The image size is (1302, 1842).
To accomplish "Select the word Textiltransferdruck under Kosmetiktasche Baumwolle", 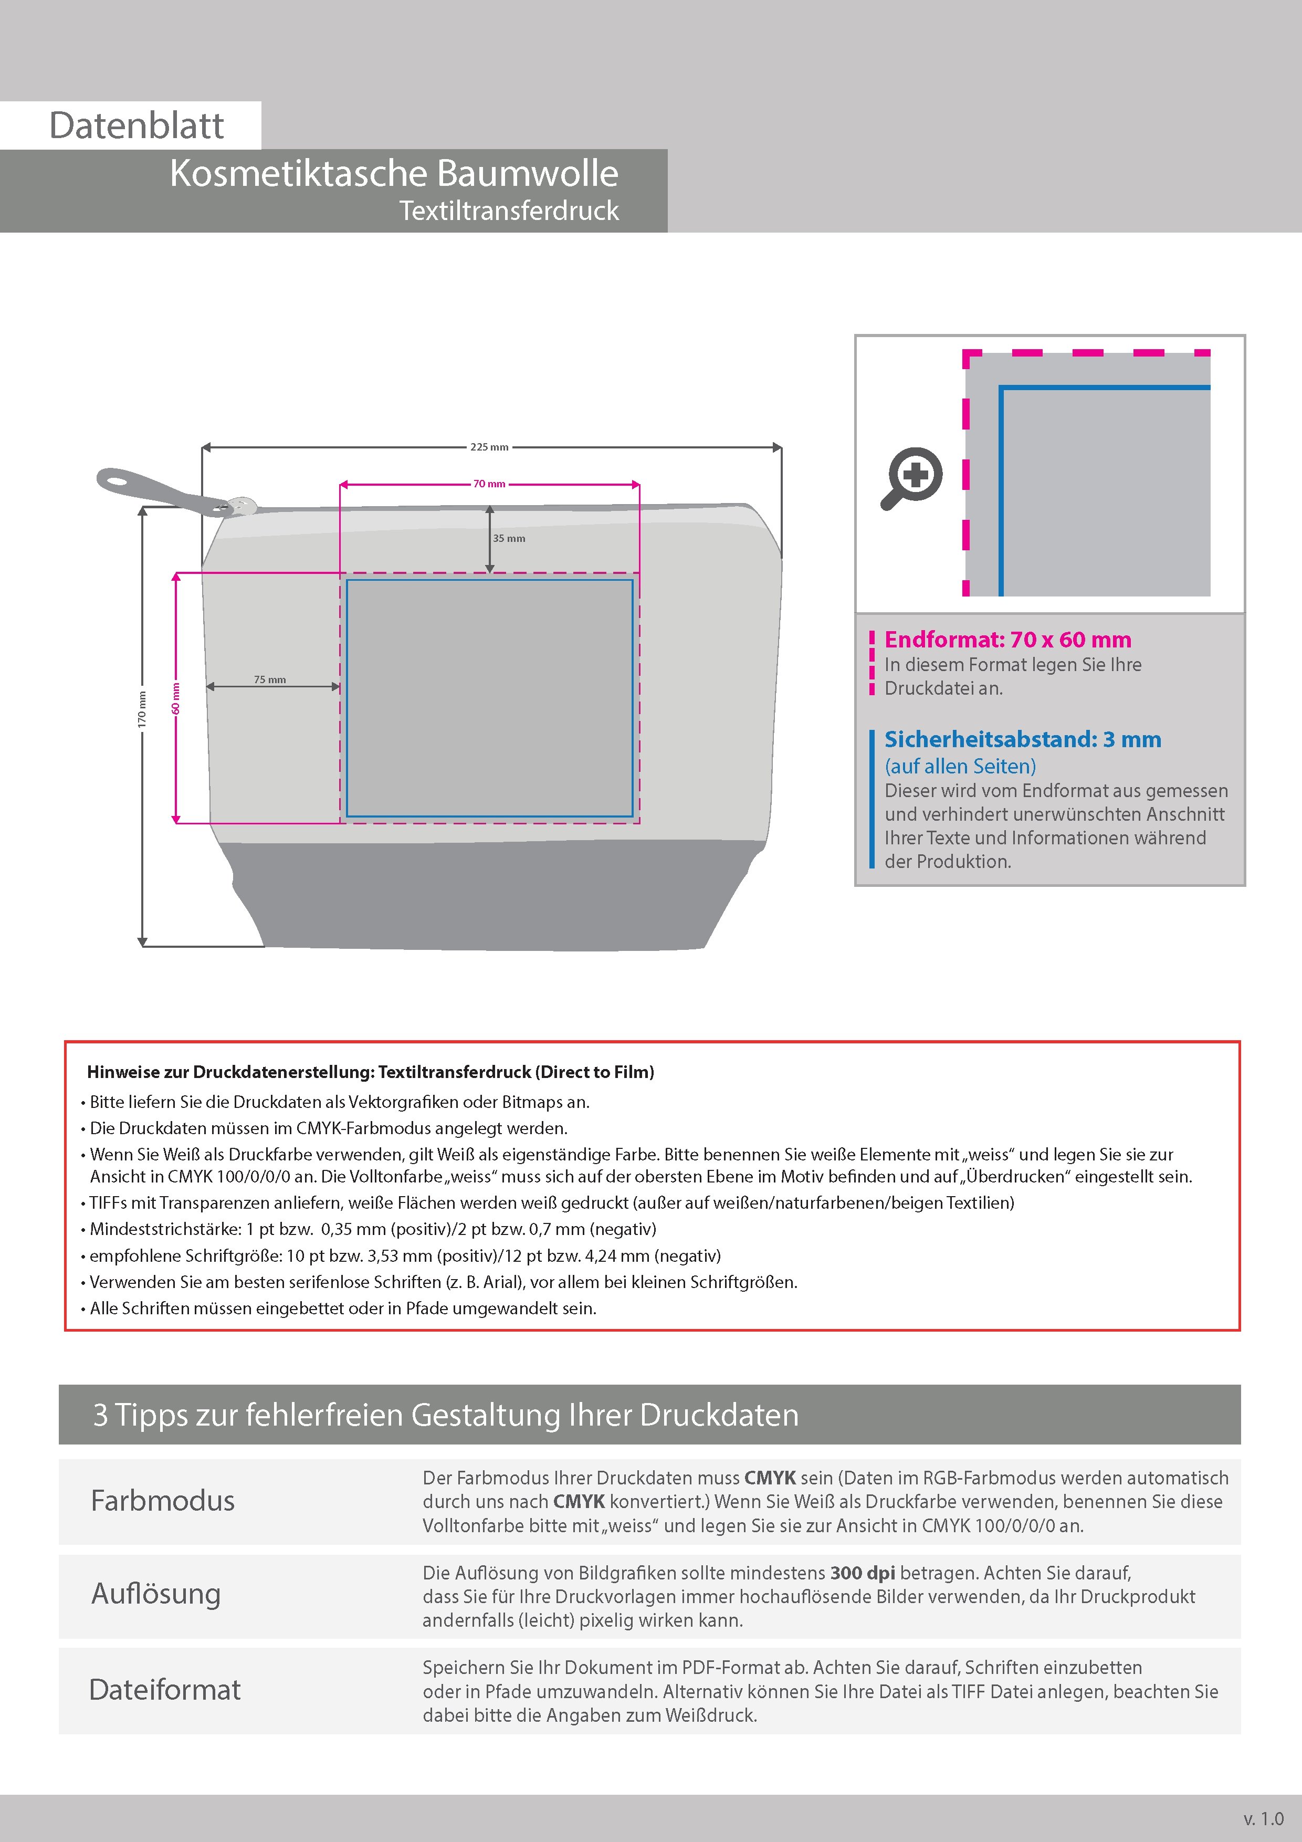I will point(509,211).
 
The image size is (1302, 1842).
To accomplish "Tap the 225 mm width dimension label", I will point(489,447).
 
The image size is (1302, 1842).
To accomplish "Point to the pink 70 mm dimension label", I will point(489,484).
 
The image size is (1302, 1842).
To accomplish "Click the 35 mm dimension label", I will point(509,538).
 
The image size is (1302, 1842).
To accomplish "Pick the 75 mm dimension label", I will point(270,679).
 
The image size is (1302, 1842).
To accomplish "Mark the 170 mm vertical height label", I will point(142,709).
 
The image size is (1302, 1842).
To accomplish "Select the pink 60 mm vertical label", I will point(176,698).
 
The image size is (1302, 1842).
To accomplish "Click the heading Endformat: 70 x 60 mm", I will point(1007,640).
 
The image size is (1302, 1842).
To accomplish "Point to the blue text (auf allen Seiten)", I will point(960,766).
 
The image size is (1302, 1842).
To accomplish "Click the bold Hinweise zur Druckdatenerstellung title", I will point(371,1072).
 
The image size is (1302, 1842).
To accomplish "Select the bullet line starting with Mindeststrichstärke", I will point(373,1229).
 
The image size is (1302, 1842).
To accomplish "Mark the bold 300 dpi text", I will point(863,1573).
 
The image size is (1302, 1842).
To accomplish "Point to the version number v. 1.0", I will point(1264,1819).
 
